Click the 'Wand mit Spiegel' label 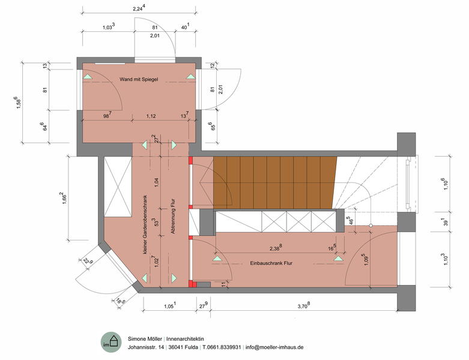click(139, 79)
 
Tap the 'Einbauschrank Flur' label click(271, 263)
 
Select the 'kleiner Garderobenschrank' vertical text click(145, 224)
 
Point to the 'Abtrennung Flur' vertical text click(172, 216)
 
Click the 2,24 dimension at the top click(139, 8)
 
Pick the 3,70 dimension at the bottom click(304, 305)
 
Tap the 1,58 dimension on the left click(18, 103)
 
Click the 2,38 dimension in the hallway click(276, 248)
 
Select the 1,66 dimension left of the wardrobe click(64, 198)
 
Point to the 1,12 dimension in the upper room click(151, 116)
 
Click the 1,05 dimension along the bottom click(170, 305)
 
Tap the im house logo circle click(111, 343)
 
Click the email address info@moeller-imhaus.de click(274, 347)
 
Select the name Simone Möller click(145, 339)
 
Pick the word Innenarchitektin click(185, 339)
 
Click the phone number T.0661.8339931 click(222, 347)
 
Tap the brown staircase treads click(274, 182)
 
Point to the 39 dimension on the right click(446, 221)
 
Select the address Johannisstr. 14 click(146, 347)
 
